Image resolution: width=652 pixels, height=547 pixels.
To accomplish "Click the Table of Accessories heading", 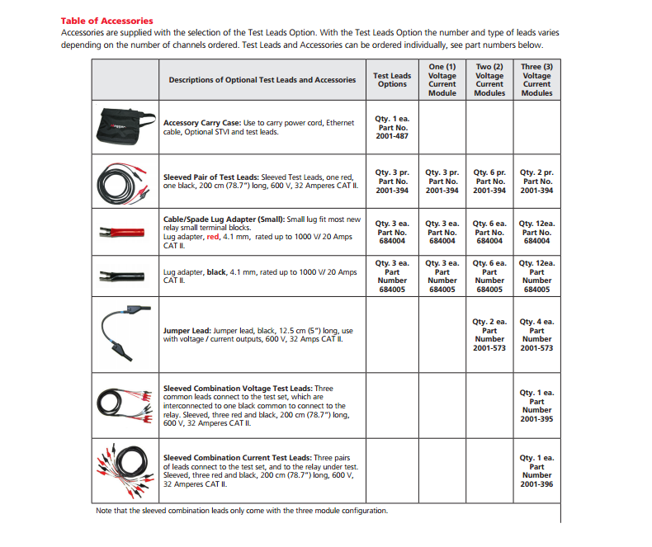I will (106, 21).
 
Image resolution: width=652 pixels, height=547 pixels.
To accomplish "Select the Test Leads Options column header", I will (392, 80).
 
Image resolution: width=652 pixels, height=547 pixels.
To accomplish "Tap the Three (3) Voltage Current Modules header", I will (536, 80).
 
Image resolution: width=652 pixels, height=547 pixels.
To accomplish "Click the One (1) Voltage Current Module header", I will (442, 80).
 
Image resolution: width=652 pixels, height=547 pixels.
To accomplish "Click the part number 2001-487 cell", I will (392, 126).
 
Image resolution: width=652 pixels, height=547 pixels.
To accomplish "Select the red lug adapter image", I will (120, 232).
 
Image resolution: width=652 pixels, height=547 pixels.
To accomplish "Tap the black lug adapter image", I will (120, 276).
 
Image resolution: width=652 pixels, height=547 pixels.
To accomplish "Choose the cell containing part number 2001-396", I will (536, 470).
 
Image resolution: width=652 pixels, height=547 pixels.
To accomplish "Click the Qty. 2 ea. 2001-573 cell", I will (489, 335).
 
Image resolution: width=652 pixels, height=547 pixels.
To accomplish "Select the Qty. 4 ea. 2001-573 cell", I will (536, 335).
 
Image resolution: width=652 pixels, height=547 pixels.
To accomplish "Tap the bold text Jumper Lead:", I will (187, 330).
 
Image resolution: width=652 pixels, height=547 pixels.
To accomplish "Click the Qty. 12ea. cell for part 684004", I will (536, 232).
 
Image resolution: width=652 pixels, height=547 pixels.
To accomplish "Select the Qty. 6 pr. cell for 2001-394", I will (489, 182).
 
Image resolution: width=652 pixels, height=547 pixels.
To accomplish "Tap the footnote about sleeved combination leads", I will (241, 511).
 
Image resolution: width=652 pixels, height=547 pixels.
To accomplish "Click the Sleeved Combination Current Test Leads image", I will (125, 468).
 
